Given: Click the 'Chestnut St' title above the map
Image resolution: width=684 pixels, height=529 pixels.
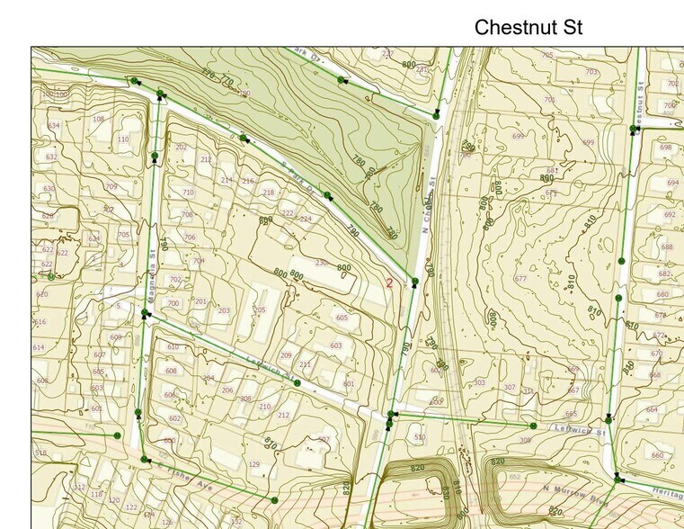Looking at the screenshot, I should point(528,27).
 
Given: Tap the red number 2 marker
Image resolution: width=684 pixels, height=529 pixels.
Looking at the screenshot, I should point(389,282).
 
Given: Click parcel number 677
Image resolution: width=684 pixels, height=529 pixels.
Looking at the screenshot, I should point(520,279).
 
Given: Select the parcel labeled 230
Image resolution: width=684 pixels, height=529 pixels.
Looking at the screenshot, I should point(321,263).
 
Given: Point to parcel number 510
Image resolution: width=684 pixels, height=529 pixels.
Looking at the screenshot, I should point(420,437).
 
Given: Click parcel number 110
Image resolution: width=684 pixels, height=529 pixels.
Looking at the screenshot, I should point(122,139).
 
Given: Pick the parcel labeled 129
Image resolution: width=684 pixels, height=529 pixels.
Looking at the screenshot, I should point(253,464).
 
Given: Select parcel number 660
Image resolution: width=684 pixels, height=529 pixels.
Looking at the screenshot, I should point(658,455).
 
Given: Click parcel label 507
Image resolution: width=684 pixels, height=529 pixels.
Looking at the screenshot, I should point(324,440).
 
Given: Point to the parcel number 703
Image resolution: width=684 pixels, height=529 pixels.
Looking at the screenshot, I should point(591,72).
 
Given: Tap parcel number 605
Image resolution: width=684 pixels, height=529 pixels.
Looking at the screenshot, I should point(342,318).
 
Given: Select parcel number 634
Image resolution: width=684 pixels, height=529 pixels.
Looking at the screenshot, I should point(54,126).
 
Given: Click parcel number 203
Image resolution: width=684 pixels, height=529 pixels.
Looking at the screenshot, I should point(224,311).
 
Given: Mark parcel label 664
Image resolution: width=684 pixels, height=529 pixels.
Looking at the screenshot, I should point(652,409).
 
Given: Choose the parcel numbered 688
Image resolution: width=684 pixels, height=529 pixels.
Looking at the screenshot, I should point(666,247).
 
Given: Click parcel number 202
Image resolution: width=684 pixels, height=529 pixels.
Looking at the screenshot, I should point(182,147).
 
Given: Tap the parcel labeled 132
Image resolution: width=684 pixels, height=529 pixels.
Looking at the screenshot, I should point(236,522).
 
